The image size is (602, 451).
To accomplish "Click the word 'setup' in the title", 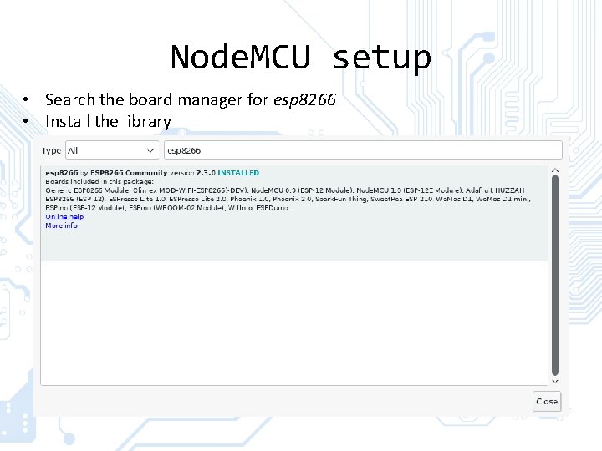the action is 381,58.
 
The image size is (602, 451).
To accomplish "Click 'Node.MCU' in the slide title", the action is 241,58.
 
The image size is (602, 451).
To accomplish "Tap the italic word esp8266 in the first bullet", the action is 304,99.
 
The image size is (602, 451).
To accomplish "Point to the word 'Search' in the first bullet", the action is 71,99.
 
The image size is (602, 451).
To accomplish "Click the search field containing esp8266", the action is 362,150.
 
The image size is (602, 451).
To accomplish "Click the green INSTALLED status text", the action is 238,173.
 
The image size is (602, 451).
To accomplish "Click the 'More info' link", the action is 61,225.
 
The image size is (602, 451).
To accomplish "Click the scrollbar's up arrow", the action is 555,170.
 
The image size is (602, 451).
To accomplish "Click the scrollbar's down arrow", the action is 555,381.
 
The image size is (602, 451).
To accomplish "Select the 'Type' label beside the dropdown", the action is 52,150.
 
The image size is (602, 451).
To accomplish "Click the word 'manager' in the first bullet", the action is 215,99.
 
